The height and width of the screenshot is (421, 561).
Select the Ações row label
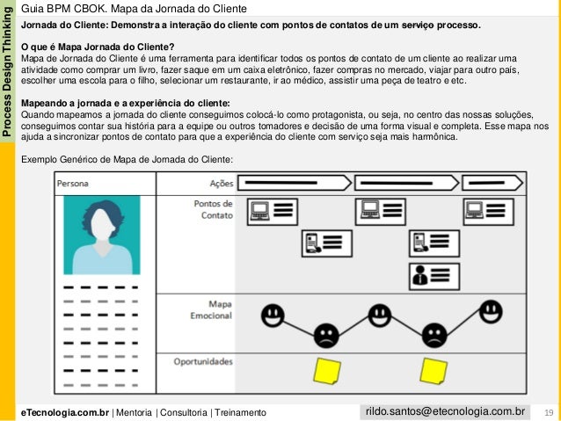pyautogui.click(x=221, y=184)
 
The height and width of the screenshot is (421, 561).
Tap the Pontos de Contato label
pyautogui.click(x=213, y=208)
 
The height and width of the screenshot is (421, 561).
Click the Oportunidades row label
pyautogui.click(x=203, y=361)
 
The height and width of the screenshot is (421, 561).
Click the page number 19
pyautogui.click(x=548, y=412)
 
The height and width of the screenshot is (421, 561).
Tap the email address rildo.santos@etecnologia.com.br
pyautogui.click(x=445, y=410)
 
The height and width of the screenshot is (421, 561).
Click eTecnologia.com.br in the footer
pyautogui.click(x=65, y=412)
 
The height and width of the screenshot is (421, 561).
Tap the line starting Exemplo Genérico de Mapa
pyautogui.click(x=127, y=159)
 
